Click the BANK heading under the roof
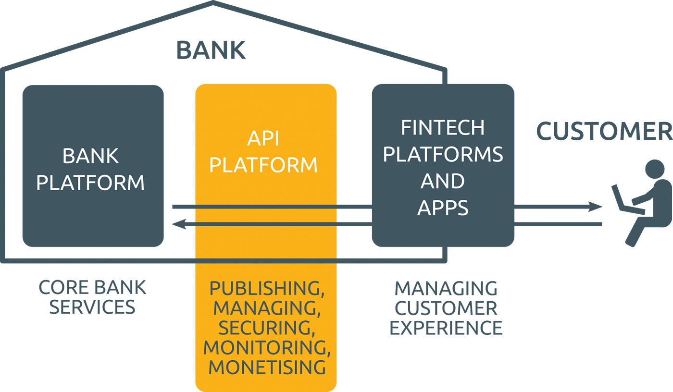click(211, 50)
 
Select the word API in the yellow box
click(263, 139)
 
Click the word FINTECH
click(443, 128)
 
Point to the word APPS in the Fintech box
click(443, 208)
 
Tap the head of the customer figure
click(655, 170)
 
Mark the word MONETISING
click(267, 367)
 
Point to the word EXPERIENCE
click(446, 328)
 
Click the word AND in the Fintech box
click(443, 181)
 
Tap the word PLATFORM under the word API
click(263, 165)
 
